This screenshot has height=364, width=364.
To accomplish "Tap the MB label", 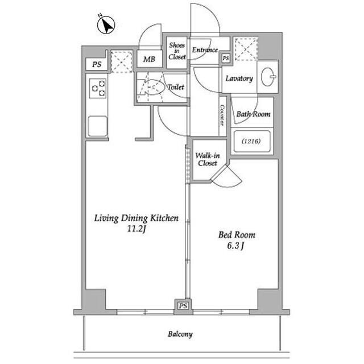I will [x=148, y=59].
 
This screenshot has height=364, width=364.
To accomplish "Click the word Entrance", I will [x=205, y=50].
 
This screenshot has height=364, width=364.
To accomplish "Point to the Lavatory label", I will [x=239, y=78].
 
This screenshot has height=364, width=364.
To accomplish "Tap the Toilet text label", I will [x=175, y=87].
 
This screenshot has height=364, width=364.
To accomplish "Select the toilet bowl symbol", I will [x=151, y=88].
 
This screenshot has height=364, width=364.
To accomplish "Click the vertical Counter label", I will [x=222, y=115].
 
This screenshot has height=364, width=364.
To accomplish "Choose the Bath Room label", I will [x=253, y=114].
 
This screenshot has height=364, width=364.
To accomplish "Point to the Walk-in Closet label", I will [x=206, y=159].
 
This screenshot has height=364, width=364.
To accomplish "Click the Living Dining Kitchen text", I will [x=136, y=218].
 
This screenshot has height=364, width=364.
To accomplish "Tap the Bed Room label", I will [x=237, y=235].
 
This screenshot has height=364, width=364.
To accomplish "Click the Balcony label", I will [x=180, y=334].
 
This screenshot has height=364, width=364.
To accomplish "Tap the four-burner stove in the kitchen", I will [x=97, y=88].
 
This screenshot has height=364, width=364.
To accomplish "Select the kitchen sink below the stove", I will [x=98, y=125].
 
